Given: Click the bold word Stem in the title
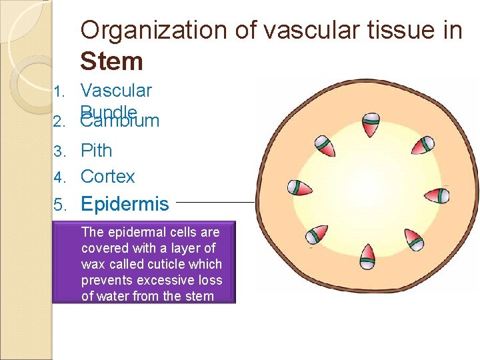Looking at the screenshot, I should (111, 61).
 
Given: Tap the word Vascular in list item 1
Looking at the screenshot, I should (116, 91).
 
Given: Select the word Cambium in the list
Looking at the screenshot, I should (120, 121).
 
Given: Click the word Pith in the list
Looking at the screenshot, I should (96, 151).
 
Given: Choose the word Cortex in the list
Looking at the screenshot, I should (107, 177).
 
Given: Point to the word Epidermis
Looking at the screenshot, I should (125, 204).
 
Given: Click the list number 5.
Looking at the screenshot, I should (59, 205).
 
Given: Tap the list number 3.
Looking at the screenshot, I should (59, 151).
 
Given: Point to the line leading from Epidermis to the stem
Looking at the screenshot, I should (217, 201).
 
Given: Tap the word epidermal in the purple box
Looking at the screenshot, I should (135, 233).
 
